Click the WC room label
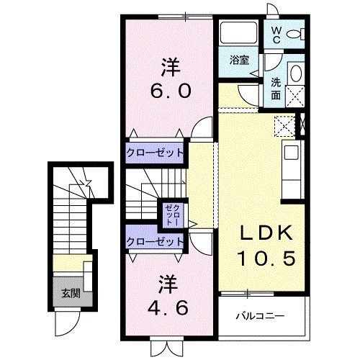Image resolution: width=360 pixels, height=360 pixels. (277, 36)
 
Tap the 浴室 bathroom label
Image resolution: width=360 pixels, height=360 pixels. (240, 60)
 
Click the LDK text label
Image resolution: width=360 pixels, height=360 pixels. (266, 233)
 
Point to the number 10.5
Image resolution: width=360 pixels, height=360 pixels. (266, 257)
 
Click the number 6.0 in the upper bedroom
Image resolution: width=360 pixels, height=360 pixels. (170, 92)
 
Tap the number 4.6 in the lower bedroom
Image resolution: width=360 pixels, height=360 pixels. (170, 307)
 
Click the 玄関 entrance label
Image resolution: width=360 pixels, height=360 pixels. (70, 293)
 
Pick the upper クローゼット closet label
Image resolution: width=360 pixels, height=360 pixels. (155, 153)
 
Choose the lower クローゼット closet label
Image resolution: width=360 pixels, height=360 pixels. (155, 242)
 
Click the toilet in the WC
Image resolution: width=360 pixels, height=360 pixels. (294, 35)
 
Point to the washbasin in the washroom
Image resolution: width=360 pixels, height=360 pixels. (294, 74)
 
